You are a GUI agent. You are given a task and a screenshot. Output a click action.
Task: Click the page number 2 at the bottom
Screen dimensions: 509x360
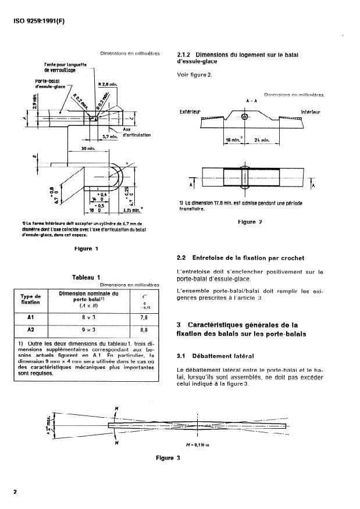pos(15,492)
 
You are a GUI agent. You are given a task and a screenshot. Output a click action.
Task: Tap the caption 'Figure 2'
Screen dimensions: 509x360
pos(251,222)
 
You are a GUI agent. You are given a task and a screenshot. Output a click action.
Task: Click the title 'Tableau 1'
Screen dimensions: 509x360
pos(85,277)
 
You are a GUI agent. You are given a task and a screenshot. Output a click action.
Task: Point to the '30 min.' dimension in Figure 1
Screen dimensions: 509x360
pos(87,149)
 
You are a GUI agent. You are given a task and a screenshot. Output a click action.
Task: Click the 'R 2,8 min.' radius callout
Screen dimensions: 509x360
pos(108,84)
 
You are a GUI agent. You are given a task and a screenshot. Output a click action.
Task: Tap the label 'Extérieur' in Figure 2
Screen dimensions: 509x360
pos(191,110)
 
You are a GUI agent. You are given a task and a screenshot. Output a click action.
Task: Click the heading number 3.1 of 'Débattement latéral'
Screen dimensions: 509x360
pos(184,356)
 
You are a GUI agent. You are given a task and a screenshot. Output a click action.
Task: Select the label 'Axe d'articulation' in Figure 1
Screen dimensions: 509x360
pos(136,131)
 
